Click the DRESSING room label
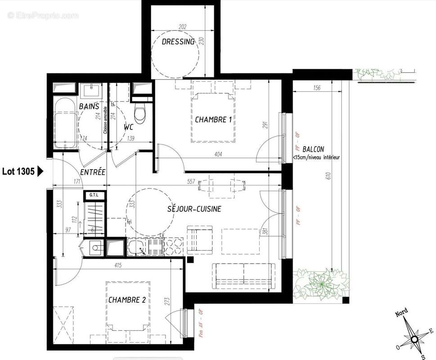pyautogui.click(x=178, y=42)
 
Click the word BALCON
pyautogui.click(x=313, y=149)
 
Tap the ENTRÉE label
pyautogui.click(x=93, y=172)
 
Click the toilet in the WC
pyautogui.click(x=140, y=113)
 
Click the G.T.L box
pyautogui.click(x=94, y=195)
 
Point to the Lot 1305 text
pyautogui.click(x=18, y=171)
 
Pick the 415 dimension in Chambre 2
pyautogui.click(x=118, y=265)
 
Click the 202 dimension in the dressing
pyautogui.click(x=182, y=27)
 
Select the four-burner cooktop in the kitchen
pyautogui.click(x=173, y=247)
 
